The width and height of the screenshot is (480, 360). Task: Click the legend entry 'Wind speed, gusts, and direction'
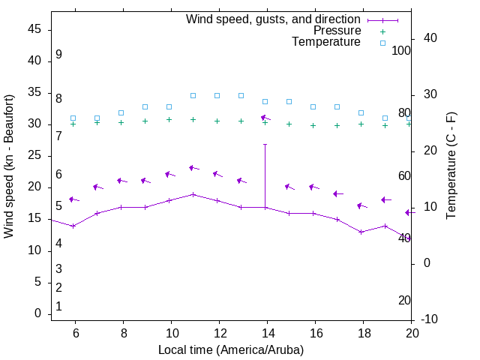(x=273, y=19)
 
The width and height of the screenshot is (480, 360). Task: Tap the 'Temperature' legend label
(x=326, y=42)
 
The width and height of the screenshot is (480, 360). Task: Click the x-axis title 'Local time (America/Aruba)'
(x=231, y=350)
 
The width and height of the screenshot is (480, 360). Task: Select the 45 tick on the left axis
(x=34, y=29)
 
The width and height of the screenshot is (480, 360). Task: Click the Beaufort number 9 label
(x=58, y=55)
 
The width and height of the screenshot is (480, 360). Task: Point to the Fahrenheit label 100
(x=401, y=50)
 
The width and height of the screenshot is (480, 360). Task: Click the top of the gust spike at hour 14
(x=265, y=144)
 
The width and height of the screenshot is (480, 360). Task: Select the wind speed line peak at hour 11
(x=193, y=194)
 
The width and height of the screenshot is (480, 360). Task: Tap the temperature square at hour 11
(x=193, y=95)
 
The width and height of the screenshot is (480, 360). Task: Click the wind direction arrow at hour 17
(x=337, y=193)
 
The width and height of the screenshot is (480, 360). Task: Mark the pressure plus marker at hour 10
(x=169, y=119)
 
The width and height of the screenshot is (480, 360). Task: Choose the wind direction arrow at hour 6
(x=73, y=199)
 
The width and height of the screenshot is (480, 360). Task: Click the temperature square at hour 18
(x=361, y=112)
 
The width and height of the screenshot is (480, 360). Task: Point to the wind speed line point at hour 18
(x=361, y=232)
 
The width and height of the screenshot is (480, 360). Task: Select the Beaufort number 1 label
(x=58, y=306)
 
